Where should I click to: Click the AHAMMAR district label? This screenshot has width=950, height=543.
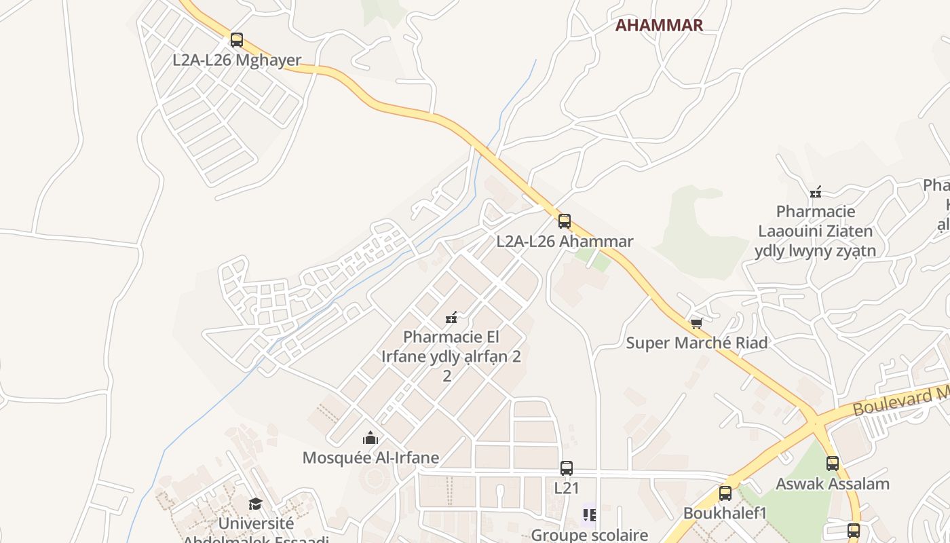(658, 26)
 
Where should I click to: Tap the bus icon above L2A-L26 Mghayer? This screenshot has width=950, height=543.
(236, 40)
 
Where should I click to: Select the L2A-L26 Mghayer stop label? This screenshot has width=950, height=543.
(236, 60)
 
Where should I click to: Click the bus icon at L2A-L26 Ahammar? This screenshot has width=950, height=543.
(564, 221)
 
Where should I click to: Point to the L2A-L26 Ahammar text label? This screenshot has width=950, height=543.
(565, 241)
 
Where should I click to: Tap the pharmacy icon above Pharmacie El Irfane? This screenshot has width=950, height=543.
(451, 317)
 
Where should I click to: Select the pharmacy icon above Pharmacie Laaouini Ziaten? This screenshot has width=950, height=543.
(816, 192)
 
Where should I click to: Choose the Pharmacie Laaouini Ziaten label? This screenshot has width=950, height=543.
(815, 231)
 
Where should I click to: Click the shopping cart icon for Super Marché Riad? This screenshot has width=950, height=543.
(696, 323)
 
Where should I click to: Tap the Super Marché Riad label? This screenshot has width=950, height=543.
(696, 343)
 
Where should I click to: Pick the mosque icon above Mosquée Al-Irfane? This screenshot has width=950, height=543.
(370, 438)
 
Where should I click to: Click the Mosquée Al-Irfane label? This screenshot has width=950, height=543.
(370, 457)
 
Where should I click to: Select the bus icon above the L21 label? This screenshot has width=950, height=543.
(566, 468)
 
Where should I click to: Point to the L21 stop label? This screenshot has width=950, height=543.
(566, 488)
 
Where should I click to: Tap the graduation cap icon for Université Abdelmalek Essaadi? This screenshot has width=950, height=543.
(255, 504)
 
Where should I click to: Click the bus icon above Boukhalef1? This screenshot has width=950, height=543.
(725, 493)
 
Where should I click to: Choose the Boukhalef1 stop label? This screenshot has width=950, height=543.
(725, 512)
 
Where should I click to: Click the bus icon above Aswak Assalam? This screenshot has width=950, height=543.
(832, 464)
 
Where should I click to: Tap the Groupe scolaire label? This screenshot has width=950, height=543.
(589, 535)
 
